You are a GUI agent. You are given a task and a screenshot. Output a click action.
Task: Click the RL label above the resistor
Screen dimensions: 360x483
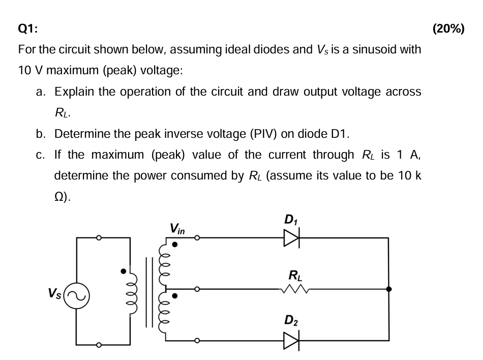coord(294,276)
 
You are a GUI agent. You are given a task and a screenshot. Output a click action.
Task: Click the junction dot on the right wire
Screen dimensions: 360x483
coord(388,289)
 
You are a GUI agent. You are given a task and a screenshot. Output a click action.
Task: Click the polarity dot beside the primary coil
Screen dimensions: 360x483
coord(123,271)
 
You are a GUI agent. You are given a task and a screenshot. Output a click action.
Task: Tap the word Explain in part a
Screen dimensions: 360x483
coord(73,92)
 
